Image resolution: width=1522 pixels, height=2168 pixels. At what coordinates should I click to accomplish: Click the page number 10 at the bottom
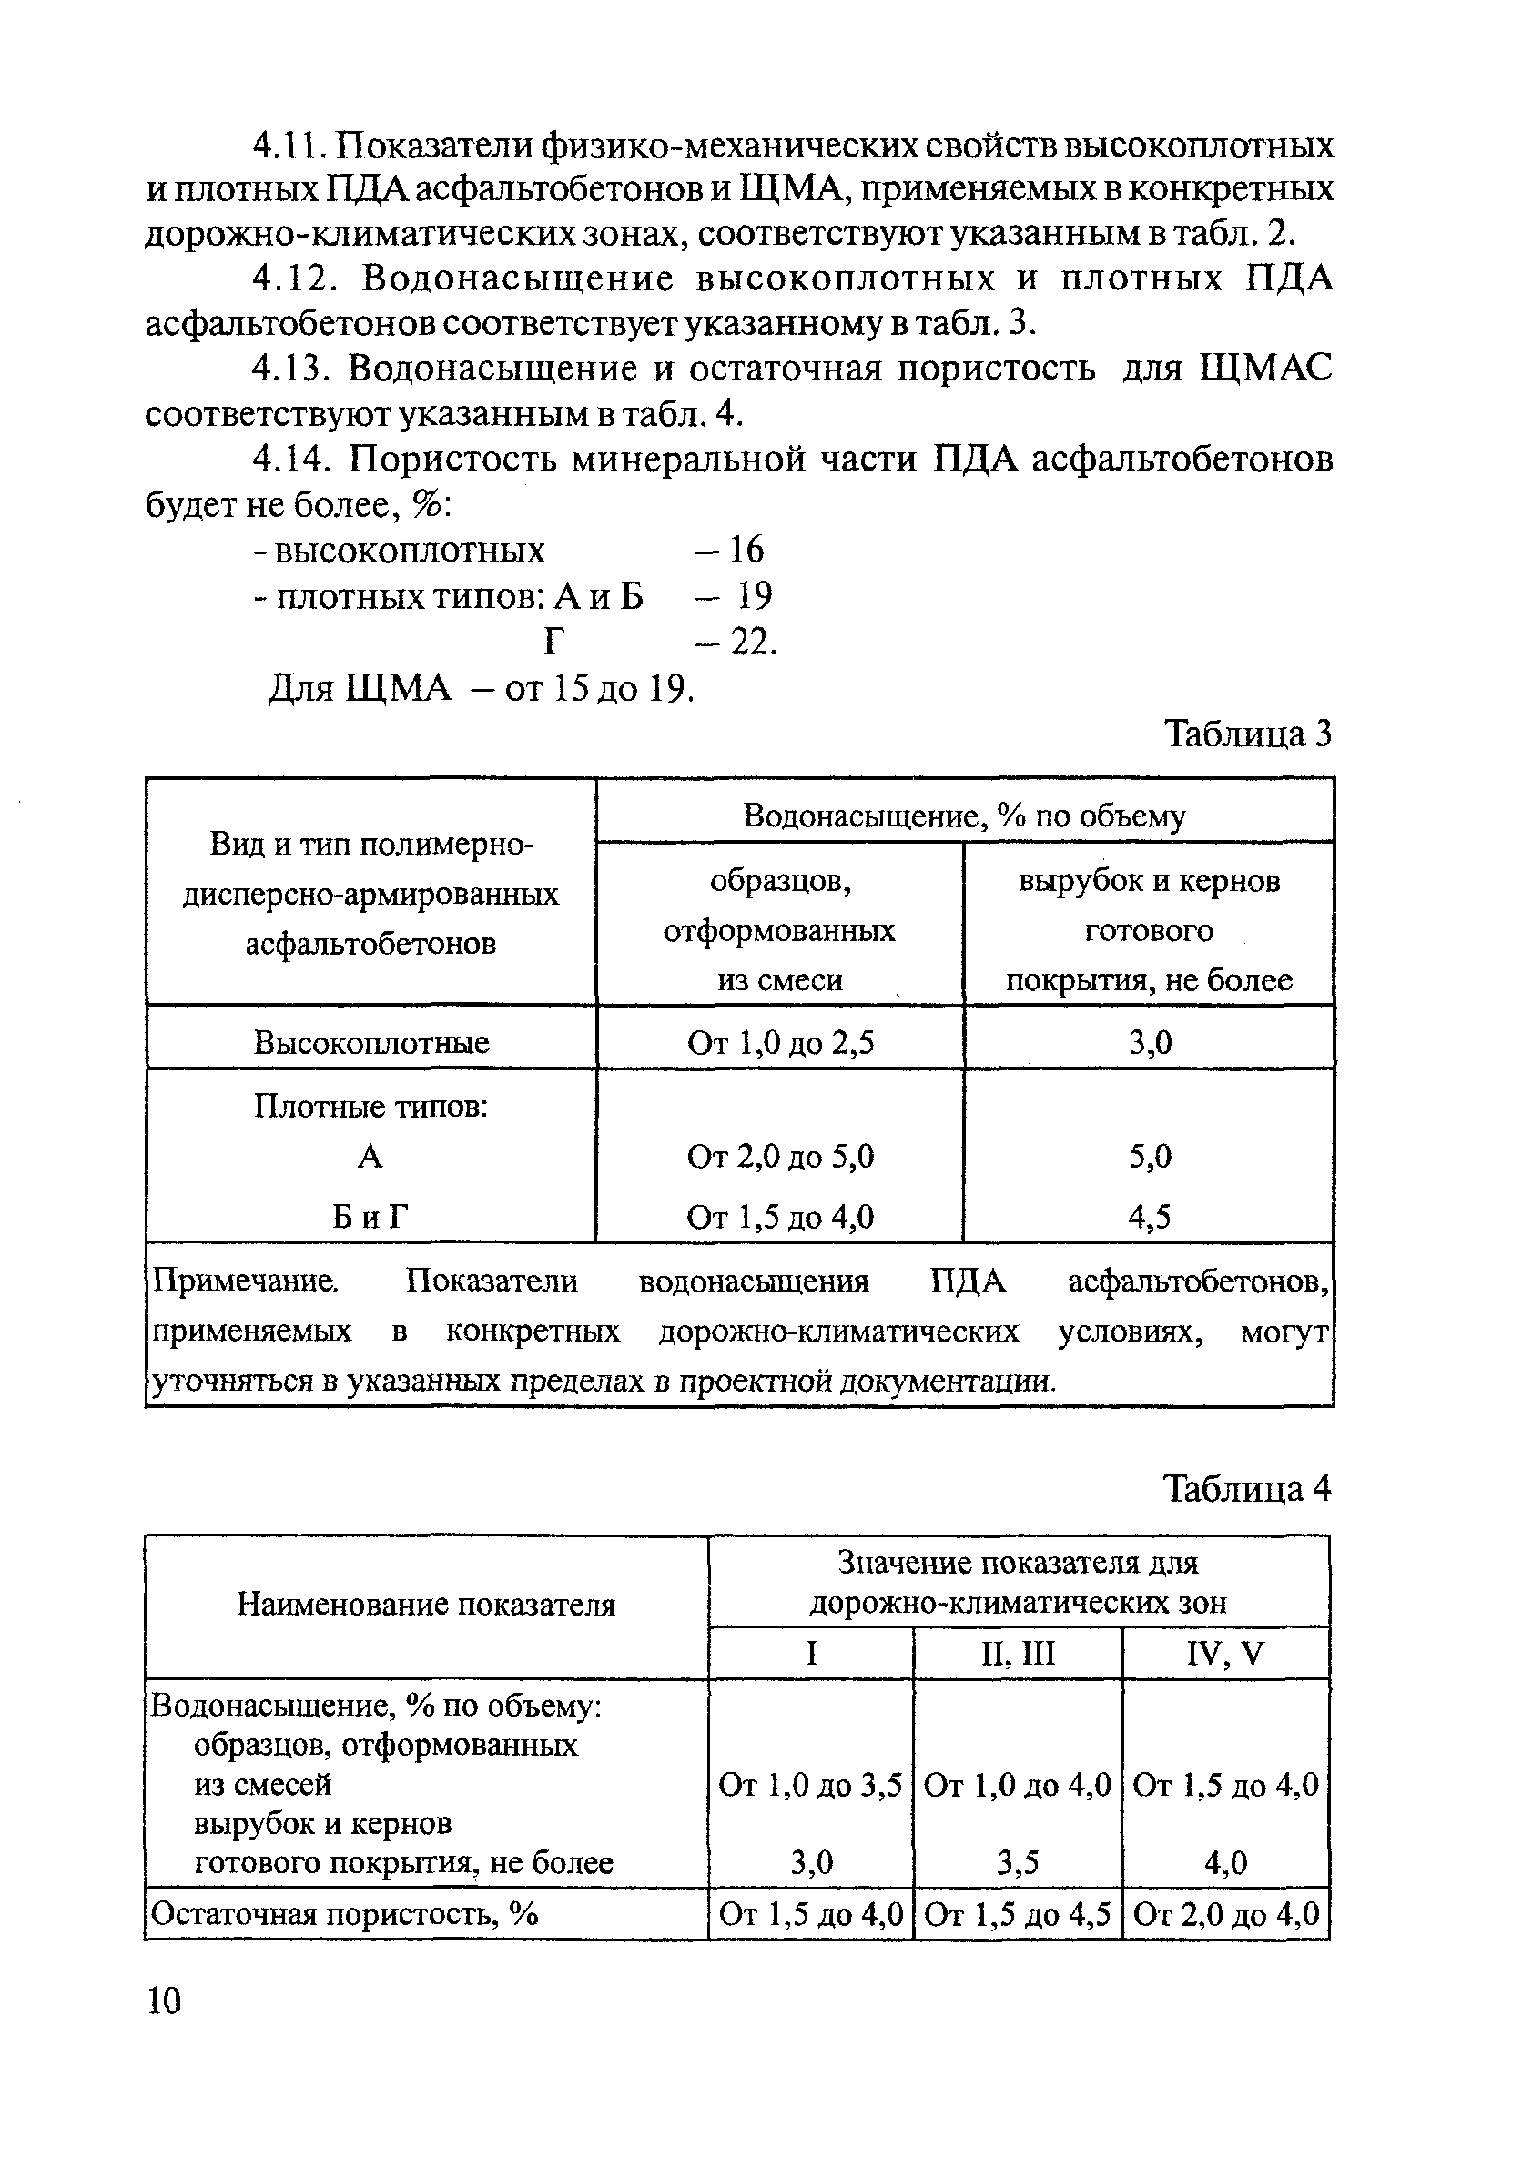pos(164,2001)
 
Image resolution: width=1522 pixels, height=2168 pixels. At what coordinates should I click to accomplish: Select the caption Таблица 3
pos(1247,733)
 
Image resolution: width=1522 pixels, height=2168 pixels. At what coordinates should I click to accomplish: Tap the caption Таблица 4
pos(1247,1489)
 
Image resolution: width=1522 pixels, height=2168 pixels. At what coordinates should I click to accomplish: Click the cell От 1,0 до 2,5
pos(780,1042)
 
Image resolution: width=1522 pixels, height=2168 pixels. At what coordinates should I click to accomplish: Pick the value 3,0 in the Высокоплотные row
pos(1149,1042)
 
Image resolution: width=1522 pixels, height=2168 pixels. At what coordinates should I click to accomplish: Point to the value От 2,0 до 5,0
pos(780,1157)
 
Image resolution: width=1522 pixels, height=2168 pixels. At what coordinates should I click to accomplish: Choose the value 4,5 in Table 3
pos(1149,1217)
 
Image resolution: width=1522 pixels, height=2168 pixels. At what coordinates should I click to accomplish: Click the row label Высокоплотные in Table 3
pos(371,1042)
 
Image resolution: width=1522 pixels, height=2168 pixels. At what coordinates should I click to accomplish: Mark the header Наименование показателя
pos(426,1605)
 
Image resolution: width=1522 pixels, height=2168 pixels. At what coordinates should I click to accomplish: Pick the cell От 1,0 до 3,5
pos(810,1785)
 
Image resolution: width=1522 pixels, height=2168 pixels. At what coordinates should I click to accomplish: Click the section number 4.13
pos(288,369)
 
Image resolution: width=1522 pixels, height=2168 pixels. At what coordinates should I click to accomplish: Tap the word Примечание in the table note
pos(245,1282)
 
